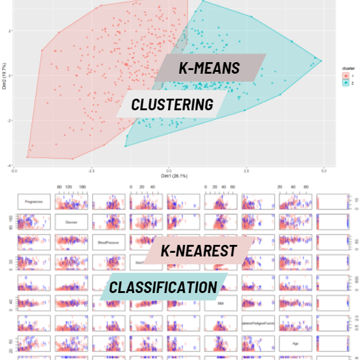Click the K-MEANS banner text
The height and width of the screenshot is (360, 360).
(210, 68)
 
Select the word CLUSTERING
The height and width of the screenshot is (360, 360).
(172, 105)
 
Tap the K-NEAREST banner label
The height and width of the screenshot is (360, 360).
(198, 250)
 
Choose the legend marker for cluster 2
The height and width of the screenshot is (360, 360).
(346, 82)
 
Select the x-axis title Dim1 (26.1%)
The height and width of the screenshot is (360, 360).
(169, 176)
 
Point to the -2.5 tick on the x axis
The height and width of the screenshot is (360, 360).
(91, 171)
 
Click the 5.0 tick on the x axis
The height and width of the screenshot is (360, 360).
(324, 171)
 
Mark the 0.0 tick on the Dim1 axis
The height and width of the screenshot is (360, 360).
(169, 171)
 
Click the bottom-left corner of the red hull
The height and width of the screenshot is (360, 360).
(27, 157)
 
